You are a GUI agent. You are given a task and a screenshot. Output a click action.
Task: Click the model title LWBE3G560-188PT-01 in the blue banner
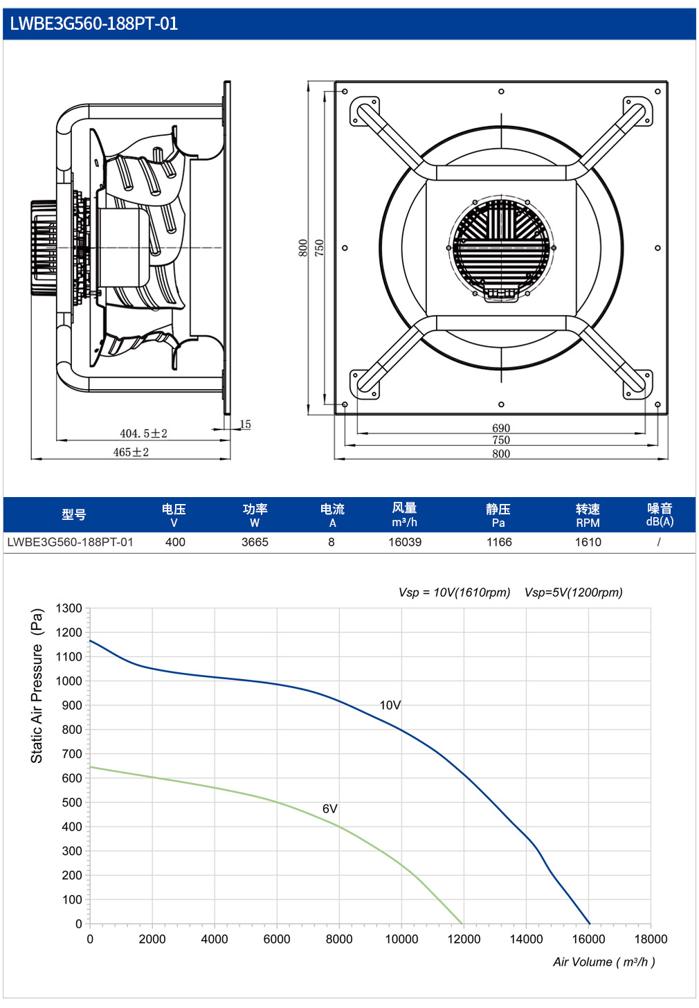[93, 24]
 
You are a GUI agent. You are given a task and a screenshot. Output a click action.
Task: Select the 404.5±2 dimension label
[143, 433]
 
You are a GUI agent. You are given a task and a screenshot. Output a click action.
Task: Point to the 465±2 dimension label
[131, 452]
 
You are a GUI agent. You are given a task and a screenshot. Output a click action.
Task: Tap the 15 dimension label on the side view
[245, 424]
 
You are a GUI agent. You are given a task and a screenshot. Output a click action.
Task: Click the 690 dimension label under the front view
[500, 428]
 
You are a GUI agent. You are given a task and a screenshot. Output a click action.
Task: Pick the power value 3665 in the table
[255, 542]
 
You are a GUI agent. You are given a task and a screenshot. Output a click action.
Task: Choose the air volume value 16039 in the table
[405, 542]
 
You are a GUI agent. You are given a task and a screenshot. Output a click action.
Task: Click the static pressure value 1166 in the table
[499, 542]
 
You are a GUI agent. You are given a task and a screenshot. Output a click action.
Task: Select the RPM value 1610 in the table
[588, 542]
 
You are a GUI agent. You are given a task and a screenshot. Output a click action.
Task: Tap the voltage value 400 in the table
[175, 542]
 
